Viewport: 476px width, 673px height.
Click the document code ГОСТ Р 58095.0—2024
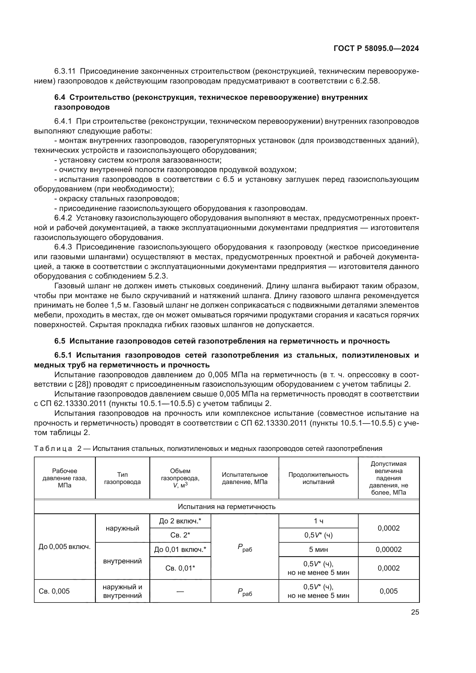(x=376, y=49)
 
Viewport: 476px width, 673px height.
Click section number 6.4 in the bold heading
(x=60, y=97)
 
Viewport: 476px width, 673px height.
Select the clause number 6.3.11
(x=65, y=71)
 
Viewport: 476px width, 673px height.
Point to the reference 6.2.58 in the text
(x=367, y=81)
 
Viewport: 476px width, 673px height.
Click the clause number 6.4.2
(x=63, y=218)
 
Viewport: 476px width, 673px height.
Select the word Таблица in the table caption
(x=53, y=449)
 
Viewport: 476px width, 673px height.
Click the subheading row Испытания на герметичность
(x=226, y=507)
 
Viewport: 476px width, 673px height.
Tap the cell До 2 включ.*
(x=180, y=521)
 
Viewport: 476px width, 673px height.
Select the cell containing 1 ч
(x=318, y=521)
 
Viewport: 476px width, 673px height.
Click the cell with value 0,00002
(x=388, y=550)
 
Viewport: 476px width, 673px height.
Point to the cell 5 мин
(x=318, y=550)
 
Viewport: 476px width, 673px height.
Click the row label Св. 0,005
(x=54, y=591)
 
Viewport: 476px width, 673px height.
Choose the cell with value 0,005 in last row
(x=388, y=591)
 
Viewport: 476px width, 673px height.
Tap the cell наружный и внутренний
(x=122, y=591)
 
